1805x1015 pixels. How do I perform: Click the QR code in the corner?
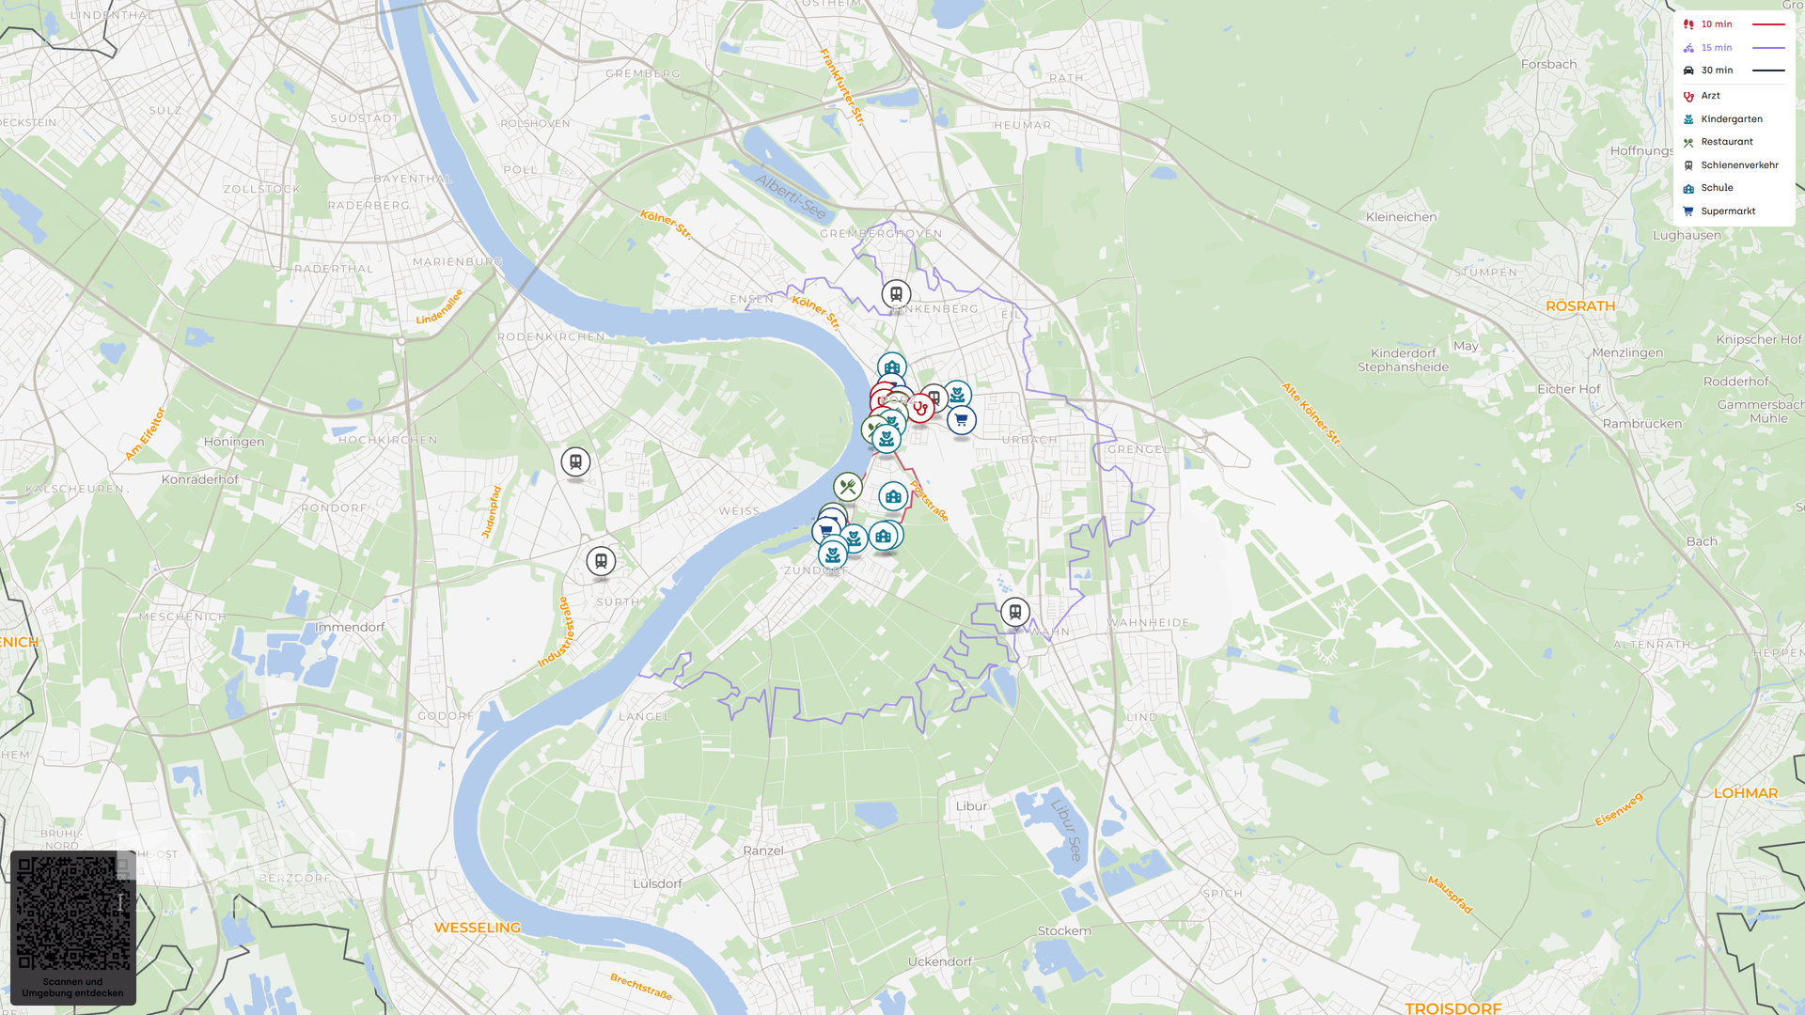coord(73,913)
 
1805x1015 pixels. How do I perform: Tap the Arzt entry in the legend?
coord(1710,96)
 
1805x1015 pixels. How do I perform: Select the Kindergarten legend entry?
coord(1731,119)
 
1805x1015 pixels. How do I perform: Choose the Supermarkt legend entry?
coord(1727,211)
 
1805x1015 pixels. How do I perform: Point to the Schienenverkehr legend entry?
coord(1738,165)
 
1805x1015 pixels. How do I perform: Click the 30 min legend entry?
coord(1717,70)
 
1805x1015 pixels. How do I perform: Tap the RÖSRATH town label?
coord(1580,306)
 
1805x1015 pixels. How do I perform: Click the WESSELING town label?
coord(478,928)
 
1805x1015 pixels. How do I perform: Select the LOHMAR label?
coord(1745,793)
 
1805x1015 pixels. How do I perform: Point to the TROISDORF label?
coord(1452,1007)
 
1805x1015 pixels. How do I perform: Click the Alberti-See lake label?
coord(791,196)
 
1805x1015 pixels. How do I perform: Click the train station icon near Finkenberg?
coord(896,294)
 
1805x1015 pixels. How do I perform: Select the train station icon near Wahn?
coord(1014,612)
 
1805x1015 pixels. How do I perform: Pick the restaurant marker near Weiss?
coord(848,487)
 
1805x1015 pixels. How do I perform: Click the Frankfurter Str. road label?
coord(841,86)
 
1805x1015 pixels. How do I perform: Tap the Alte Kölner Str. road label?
coord(1311,414)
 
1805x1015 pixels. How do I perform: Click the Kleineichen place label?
coord(1401,217)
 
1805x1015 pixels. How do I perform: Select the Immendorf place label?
coord(350,627)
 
